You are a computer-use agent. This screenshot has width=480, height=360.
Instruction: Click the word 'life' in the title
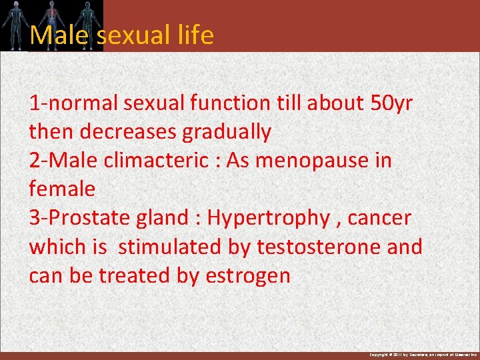[196, 35]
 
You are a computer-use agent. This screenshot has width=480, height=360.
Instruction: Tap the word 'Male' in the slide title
[58, 35]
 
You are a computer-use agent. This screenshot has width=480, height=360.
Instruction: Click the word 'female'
[62, 189]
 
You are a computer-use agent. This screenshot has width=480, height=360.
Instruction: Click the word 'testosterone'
[317, 247]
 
